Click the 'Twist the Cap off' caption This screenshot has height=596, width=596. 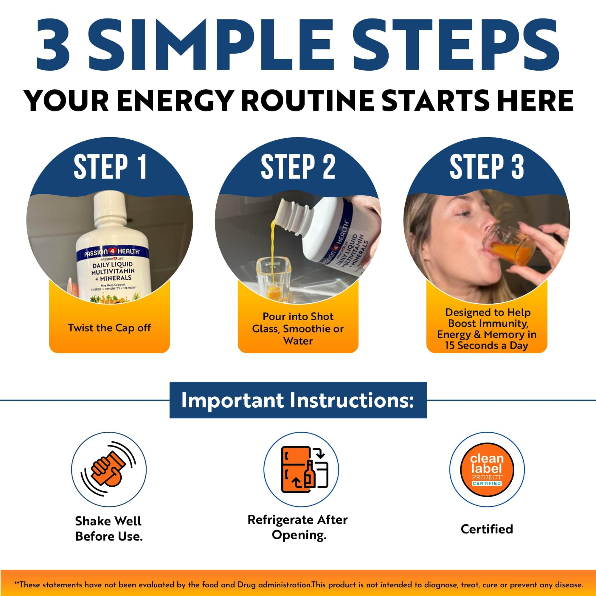(109, 328)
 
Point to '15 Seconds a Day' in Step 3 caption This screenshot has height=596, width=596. (487, 345)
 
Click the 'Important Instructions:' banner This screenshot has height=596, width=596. (298, 400)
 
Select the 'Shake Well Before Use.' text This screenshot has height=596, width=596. (108, 529)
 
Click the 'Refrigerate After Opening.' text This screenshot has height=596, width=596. (298, 527)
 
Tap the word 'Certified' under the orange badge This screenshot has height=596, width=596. (487, 529)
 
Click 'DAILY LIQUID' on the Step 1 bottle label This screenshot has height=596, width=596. (113, 265)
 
